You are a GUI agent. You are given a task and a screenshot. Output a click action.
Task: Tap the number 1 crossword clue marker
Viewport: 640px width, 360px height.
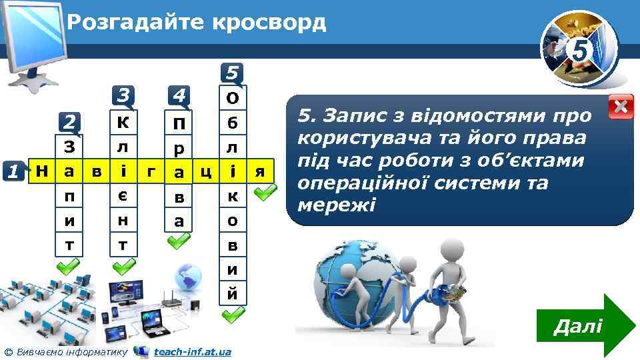click(13, 171)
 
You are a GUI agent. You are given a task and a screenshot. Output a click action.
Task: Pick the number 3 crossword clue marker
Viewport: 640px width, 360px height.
click(123, 95)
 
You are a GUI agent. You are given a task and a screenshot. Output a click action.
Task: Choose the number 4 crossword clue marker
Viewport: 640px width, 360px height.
click(177, 95)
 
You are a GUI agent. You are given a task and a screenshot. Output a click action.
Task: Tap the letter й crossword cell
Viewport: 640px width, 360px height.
click(233, 293)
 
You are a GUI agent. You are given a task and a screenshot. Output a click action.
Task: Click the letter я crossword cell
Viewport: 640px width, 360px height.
click(260, 171)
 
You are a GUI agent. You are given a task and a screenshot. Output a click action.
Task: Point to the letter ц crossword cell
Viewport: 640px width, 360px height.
click(205, 171)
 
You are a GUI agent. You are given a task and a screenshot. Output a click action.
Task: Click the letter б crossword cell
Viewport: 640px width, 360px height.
click(233, 123)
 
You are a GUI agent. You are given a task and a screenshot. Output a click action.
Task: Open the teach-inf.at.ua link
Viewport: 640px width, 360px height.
click(192, 351)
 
